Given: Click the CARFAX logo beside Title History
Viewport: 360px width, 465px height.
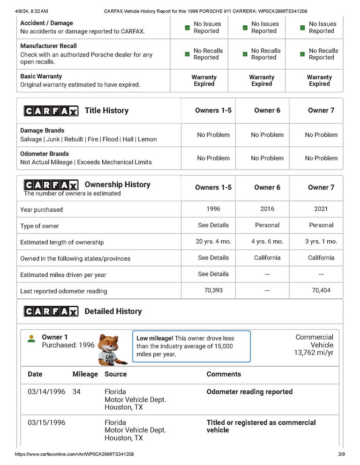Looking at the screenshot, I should [51, 111].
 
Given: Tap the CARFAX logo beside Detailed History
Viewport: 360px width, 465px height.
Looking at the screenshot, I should [51, 311].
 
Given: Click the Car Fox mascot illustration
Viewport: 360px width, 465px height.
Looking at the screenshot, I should [111, 349].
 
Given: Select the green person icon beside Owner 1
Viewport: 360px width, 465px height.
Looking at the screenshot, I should [31, 339].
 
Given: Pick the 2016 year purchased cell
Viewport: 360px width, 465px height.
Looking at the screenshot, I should [267, 209].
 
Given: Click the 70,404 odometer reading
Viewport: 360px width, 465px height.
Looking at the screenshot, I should [321, 290].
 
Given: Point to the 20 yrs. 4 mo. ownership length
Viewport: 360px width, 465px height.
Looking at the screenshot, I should [213, 242].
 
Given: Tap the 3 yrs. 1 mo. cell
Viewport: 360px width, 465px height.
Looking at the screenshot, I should [321, 242].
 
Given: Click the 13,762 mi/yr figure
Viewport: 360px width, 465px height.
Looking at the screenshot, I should [314, 353].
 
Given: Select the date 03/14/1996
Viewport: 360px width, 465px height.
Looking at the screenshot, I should [46, 391].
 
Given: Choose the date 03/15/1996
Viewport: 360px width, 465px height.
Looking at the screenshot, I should [46, 422].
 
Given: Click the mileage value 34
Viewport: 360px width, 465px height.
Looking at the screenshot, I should [76, 391].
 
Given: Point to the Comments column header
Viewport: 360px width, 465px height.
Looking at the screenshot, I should [224, 374].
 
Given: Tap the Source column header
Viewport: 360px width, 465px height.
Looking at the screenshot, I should [116, 374].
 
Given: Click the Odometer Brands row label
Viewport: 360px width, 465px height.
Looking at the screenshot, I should [45, 154].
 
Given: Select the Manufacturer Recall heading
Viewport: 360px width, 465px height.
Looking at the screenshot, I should [48, 46].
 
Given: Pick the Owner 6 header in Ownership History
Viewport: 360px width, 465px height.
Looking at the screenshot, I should [267, 187].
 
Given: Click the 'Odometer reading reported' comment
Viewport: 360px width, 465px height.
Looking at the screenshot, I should [249, 391].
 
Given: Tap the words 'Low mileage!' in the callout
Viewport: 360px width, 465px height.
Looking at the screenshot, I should [155, 338].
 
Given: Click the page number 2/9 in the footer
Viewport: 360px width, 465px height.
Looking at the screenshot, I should [341, 454].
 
